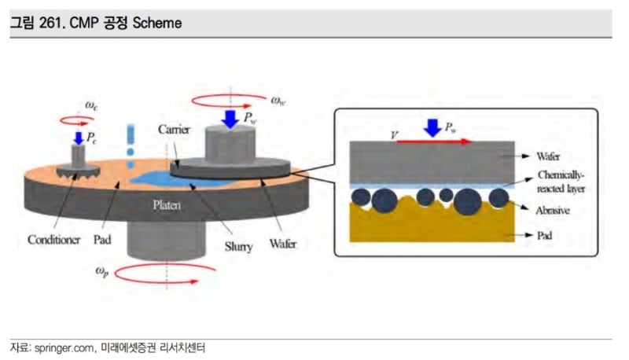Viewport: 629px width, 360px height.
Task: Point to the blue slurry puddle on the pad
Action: click(157, 179)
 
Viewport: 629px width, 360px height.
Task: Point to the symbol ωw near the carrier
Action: click(278, 100)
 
